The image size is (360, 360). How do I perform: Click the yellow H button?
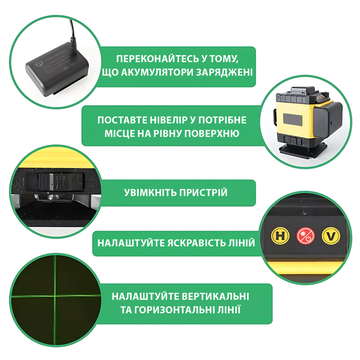pos(280,236)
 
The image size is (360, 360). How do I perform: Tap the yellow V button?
pos(331,236)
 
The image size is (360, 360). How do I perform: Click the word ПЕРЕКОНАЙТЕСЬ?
pos(157,58)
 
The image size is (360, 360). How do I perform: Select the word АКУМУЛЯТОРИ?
pos(157,73)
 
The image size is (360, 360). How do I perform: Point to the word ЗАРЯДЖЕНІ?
pos(224,73)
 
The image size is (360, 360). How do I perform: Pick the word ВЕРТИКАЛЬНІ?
pos(215,296)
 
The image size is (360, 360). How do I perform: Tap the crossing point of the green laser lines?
pos(55,296)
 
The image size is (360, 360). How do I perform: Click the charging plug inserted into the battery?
pos(73,47)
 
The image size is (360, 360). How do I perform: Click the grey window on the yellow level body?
pos(292,119)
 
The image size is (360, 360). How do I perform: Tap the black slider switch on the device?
pos(61,182)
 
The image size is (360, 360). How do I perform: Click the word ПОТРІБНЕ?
pos(222,120)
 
